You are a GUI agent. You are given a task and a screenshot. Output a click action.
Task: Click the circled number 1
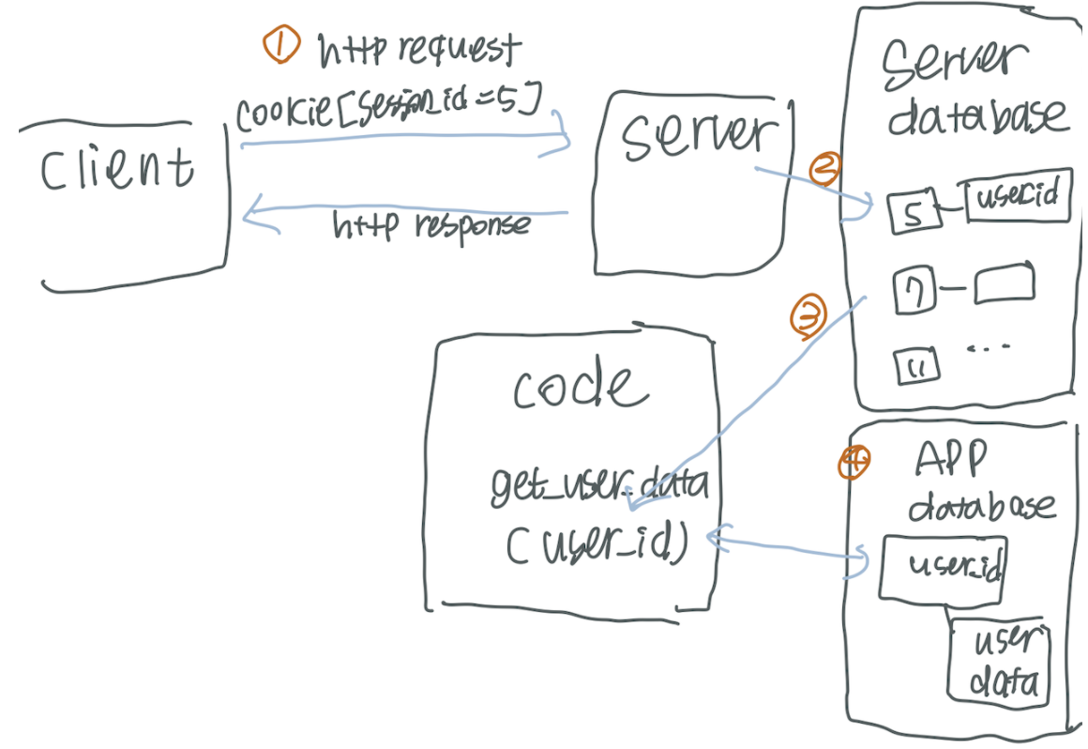point(280,45)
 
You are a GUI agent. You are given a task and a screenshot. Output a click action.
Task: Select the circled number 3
point(808,317)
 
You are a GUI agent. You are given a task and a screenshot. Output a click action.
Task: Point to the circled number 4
point(854,462)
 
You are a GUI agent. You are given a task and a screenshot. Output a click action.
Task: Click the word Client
point(117,169)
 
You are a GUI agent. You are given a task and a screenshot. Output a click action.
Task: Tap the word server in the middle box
point(694,136)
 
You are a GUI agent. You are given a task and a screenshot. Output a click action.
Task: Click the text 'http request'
point(419,49)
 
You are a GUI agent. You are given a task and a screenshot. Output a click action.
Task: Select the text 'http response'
point(431,226)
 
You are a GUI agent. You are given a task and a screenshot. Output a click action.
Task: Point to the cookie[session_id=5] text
point(387,114)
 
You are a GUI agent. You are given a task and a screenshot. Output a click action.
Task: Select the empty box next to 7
point(1004,285)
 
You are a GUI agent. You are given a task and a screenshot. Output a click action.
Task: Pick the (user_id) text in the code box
point(597,544)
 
